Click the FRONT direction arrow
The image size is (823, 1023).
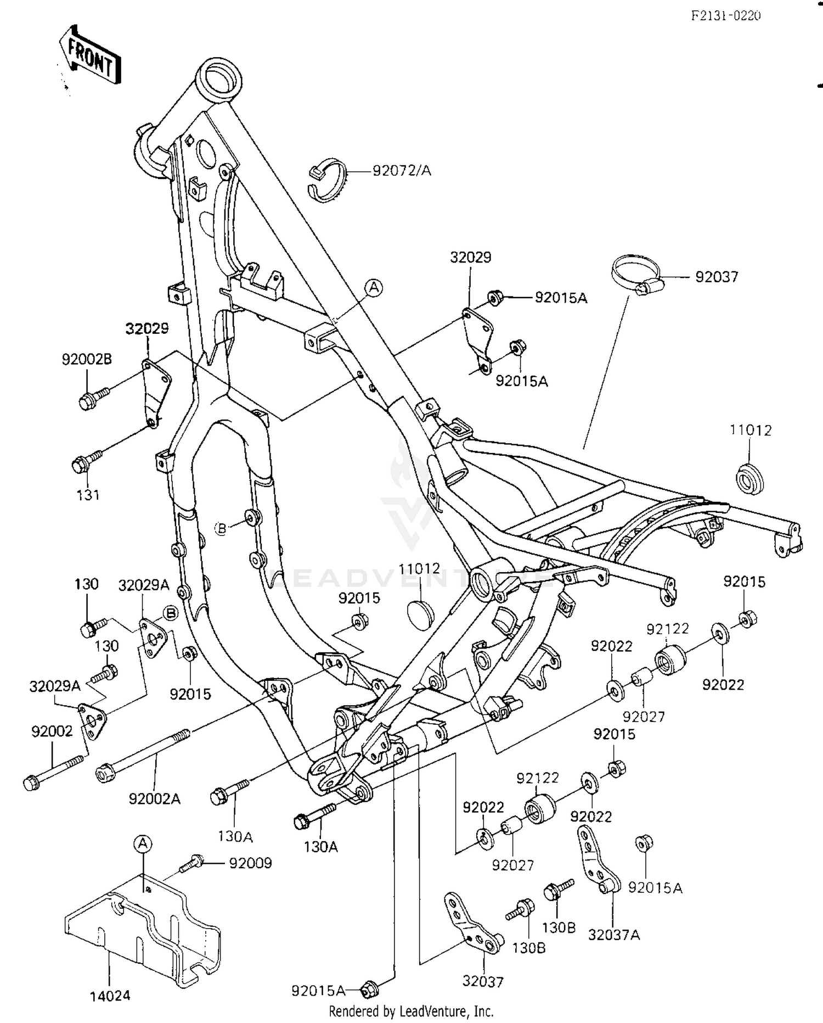89,57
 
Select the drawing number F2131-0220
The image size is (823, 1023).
725,15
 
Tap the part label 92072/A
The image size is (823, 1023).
402,171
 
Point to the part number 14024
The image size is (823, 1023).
110,996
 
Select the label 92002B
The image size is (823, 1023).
87,360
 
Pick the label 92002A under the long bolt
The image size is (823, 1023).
155,798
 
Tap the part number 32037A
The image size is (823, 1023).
614,934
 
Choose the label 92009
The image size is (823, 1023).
250,863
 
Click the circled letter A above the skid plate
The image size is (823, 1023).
142,843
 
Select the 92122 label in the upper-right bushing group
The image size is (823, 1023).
667,629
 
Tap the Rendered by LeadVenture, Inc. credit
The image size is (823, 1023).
411,1011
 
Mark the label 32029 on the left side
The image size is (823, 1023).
147,328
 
